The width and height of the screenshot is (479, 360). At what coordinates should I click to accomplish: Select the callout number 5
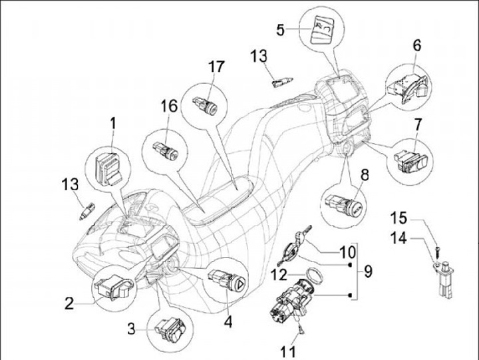pos(281,29)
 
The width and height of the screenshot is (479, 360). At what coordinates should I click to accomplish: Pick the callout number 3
pos(133,329)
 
